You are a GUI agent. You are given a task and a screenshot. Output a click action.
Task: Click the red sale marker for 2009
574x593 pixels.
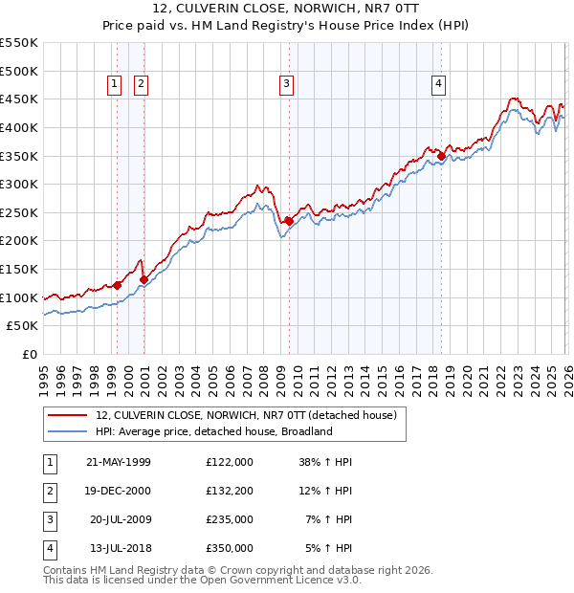[x=289, y=221]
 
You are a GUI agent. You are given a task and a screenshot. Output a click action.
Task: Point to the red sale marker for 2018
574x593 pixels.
[x=441, y=156]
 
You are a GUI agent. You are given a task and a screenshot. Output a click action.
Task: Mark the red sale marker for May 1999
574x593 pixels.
[x=118, y=285]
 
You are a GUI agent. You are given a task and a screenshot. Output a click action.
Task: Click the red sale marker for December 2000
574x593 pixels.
[x=144, y=279]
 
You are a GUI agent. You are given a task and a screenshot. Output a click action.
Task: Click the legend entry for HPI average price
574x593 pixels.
[x=213, y=431]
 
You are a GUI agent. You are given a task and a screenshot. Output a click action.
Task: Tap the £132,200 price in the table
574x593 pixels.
[x=230, y=491]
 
